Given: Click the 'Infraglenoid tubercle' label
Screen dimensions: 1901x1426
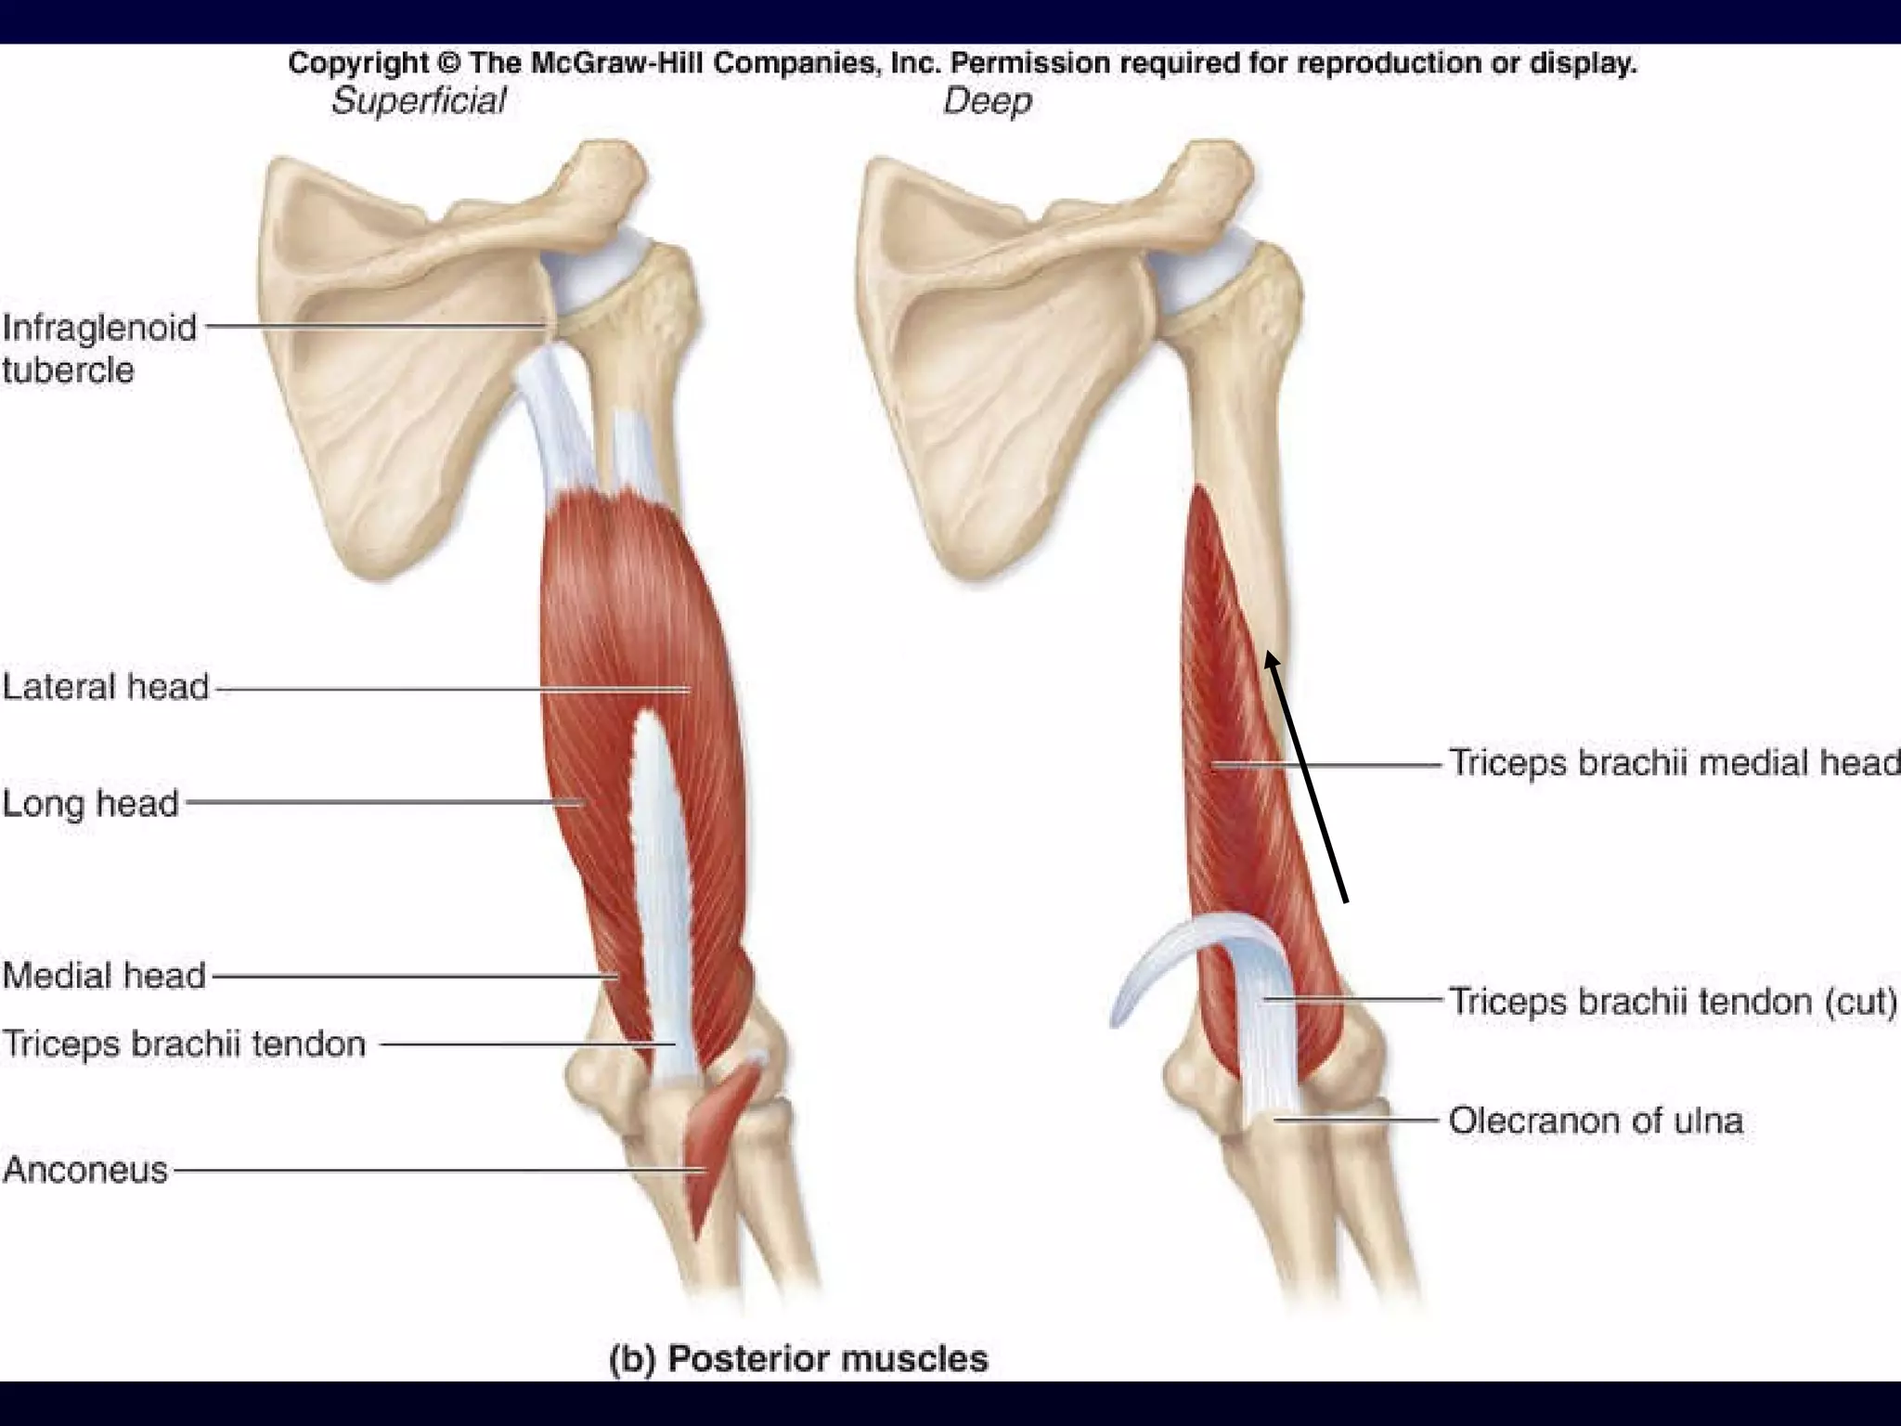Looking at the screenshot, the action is [99, 348].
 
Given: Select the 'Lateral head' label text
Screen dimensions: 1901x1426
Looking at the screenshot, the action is [106, 687].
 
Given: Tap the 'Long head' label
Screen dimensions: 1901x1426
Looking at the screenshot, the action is [90, 803].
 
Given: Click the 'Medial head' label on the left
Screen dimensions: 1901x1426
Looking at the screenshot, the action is [104, 976].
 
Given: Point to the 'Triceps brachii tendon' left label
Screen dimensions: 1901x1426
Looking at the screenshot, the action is [184, 1044].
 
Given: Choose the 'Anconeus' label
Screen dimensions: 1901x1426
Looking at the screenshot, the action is [85, 1170].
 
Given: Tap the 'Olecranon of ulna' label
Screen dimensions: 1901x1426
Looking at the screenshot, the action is [1596, 1121].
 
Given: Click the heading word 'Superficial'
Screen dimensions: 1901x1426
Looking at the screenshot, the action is [419, 100].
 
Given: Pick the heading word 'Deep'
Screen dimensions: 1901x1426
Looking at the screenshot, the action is [987, 100].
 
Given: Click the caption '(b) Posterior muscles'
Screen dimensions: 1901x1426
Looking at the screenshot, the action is [798, 1359].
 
